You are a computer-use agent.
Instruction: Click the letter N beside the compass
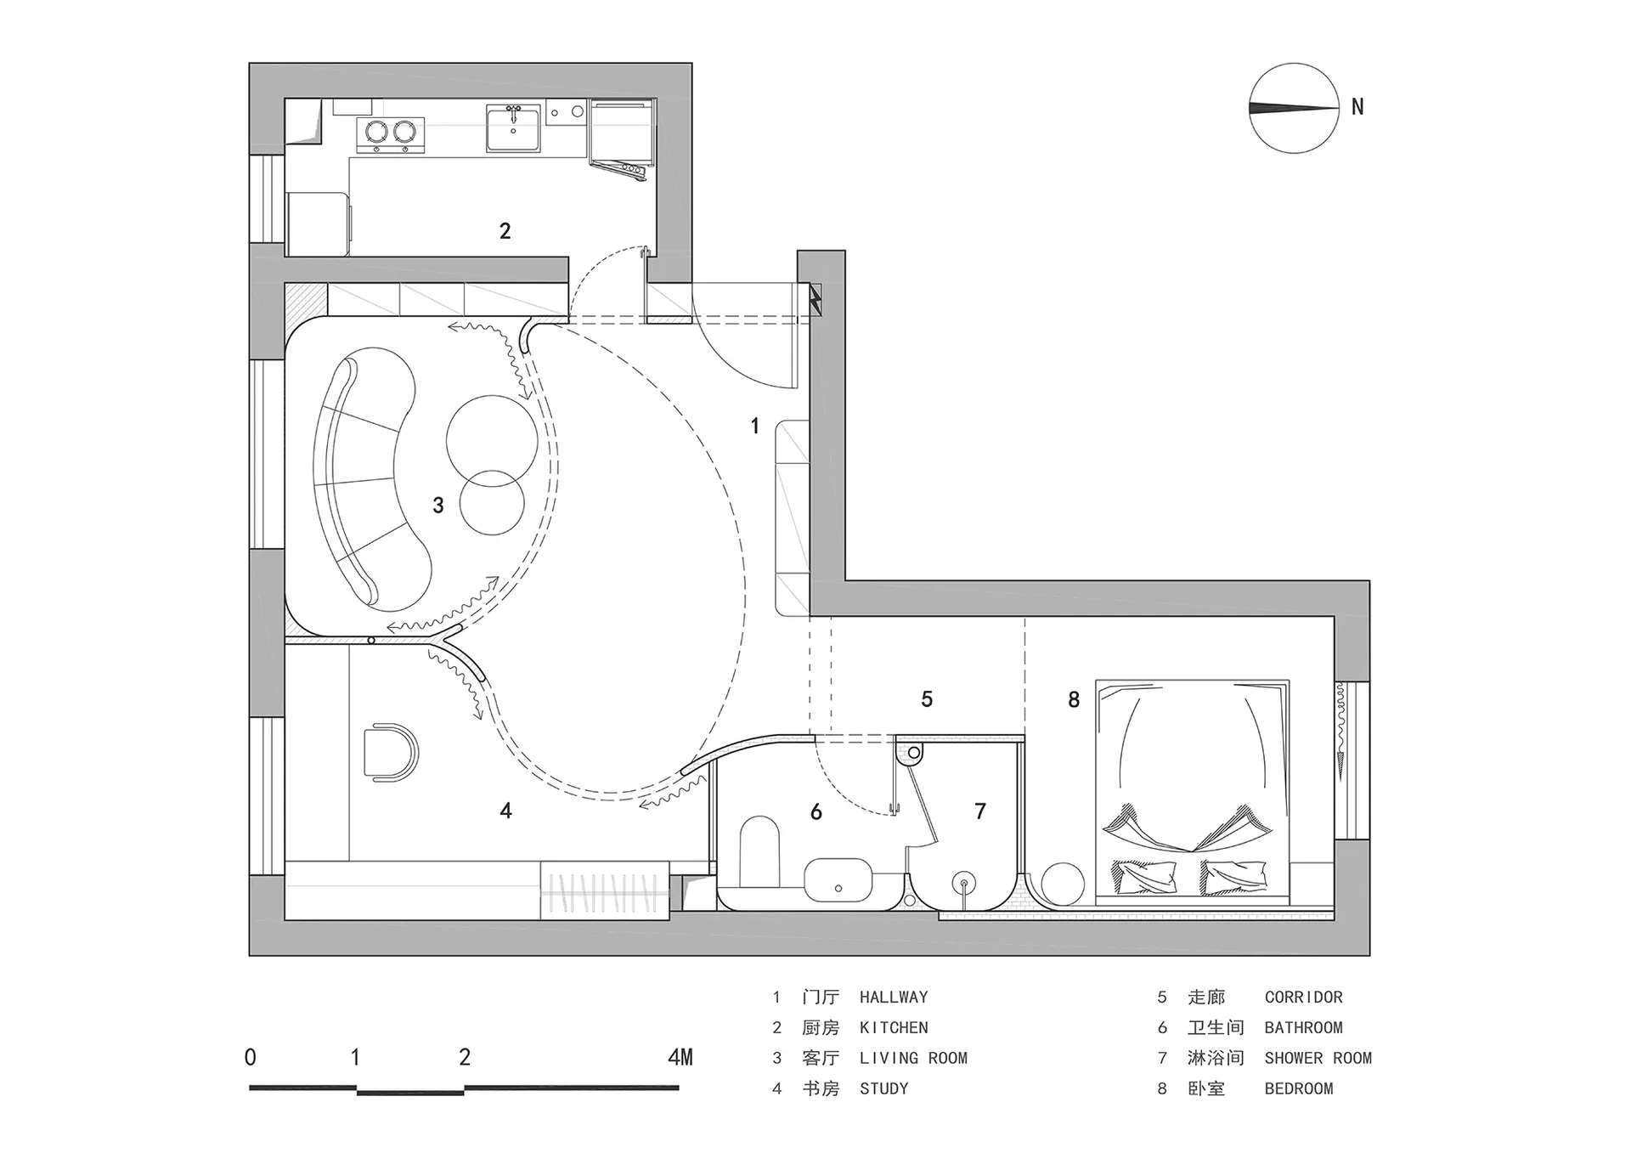1357,107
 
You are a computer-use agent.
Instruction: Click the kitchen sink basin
513,128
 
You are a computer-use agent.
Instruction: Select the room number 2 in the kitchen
505,230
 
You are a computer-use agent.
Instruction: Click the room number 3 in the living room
437,506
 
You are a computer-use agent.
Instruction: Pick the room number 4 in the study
505,811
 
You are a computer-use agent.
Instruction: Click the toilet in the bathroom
759,852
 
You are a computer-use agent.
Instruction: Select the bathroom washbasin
838,880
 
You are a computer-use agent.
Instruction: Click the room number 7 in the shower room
980,811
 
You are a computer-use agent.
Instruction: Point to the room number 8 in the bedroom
1074,699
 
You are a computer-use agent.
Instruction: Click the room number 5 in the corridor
927,698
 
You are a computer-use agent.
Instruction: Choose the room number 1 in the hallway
754,425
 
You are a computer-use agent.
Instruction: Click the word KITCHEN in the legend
894,1027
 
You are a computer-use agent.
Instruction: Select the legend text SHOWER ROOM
1318,1058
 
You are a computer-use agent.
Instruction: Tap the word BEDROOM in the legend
1299,1088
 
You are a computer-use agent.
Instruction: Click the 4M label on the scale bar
680,1057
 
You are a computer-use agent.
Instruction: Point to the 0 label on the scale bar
250,1057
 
